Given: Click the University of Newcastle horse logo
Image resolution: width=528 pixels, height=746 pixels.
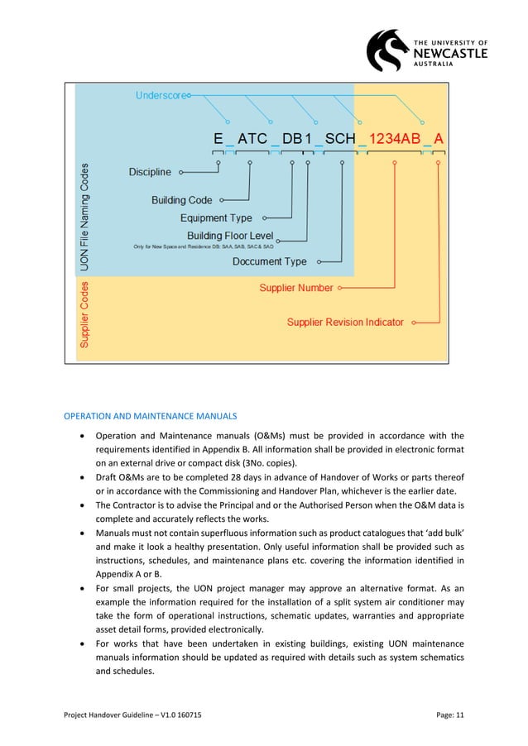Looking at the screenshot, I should point(388,50).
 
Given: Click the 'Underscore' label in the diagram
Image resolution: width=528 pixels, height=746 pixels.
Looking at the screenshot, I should point(161,96).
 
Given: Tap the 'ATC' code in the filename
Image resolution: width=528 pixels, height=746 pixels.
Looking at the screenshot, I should point(252,139).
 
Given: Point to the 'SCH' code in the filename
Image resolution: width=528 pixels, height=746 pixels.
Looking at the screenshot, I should point(340,139).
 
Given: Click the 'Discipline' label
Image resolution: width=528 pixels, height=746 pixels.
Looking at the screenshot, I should point(150,172).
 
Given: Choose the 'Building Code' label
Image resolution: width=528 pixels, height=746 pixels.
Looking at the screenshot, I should point(182,200).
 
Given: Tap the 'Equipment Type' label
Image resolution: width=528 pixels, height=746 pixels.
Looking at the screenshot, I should point(216,218).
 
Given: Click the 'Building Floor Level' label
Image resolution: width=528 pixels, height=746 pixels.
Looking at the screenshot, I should point(229,236).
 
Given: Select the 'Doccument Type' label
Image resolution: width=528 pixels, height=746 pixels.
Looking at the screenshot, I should point(269,261).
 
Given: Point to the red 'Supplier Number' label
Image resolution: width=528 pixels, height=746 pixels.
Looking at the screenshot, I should point(296,288).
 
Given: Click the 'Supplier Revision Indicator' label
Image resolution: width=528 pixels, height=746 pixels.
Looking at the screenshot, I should point(345,322).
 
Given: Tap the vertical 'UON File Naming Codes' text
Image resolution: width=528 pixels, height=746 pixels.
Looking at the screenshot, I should point(96,218).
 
